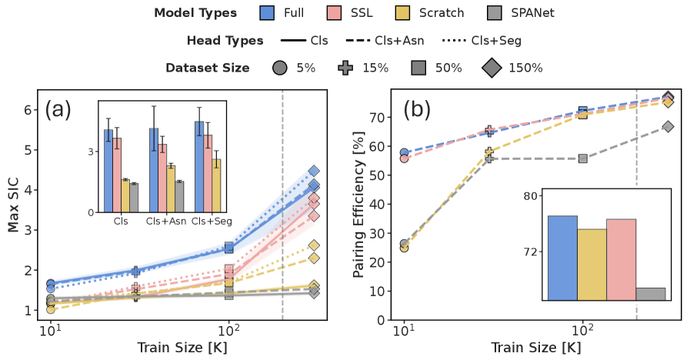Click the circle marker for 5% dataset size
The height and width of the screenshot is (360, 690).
(279, 68)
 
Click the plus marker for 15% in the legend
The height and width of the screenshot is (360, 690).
(346, 68)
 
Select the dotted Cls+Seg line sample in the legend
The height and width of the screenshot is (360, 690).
(456, 41)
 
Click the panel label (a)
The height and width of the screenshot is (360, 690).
(58, 109)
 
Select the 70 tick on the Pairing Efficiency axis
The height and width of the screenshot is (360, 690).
(376, 118)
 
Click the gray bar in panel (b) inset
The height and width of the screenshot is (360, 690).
(650, 294)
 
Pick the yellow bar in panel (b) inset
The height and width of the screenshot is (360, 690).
(592, 264)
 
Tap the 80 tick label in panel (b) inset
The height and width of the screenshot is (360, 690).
(532, 196)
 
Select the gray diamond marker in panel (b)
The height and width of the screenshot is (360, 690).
(668, 126)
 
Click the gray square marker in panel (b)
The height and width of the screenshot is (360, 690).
(582, 158)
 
